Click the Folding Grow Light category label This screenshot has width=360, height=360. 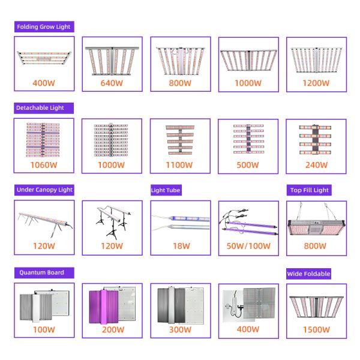[44, 27]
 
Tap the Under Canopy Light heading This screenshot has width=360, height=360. [44, 190]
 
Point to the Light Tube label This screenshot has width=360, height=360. [166, 190]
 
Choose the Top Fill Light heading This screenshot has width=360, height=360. [309, 190]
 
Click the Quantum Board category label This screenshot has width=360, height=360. [40, 272]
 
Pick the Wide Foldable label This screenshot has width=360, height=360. [309, 274]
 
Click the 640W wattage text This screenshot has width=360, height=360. [112, 83]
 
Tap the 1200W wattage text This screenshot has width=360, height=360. [316, 83]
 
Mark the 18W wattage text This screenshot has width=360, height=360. [180, 245]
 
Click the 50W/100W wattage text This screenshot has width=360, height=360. [248, 245]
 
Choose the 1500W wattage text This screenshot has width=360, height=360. [316, 329]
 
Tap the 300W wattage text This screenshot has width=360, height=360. [180, 329]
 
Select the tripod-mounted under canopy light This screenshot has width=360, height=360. [112, 220]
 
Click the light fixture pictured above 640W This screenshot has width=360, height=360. [112, 59]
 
